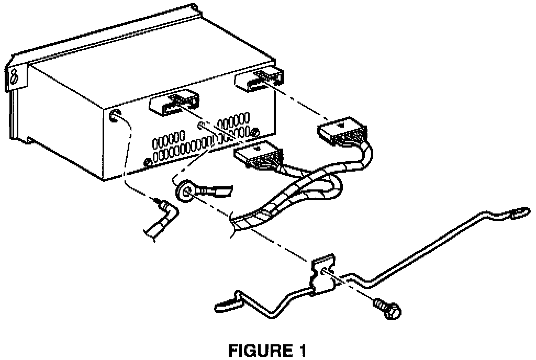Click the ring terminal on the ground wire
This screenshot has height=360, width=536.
pyautogui.click(x=185, y=191)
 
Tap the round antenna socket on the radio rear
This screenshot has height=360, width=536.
pyautogui.click(x=114, y=116)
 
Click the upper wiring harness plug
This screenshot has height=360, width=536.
pyautogui.click(x=340, y=133)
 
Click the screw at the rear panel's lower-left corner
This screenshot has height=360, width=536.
pyautogui.click(x=147, y=161)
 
